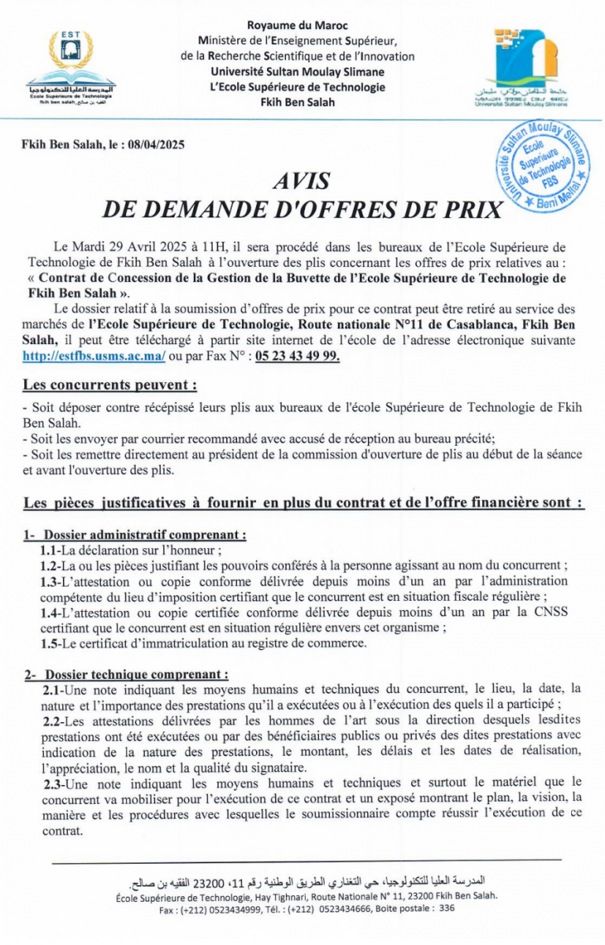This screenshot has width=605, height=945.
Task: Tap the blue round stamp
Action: click(x=543, y=166)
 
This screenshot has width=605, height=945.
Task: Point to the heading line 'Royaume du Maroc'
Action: click(x=297, y=26)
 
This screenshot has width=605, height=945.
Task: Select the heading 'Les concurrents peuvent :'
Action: click(x=109, y=385)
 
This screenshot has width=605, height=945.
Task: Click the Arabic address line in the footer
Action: click(x=306, y=879)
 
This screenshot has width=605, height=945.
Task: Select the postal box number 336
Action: click(x=447, y=908)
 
